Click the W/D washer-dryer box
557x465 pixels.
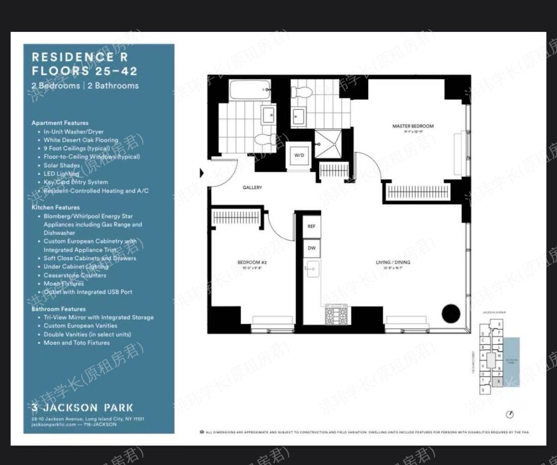point(299,155)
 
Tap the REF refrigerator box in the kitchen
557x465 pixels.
point(311,226)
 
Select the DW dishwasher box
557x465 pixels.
point(311,248)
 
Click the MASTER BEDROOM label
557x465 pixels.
point(413,126)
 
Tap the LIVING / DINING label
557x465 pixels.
point(393,262)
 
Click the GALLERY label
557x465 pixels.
point(252,188)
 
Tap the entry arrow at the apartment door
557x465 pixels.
point(203,174)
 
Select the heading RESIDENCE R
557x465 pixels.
point(79,57)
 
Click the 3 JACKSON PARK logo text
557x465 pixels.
point(83,407)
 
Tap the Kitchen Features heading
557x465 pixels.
point(56,207)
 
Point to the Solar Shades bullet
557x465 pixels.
point(62,165)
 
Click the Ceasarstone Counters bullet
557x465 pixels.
point(75,275)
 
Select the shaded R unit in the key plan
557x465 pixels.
point(499,380)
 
